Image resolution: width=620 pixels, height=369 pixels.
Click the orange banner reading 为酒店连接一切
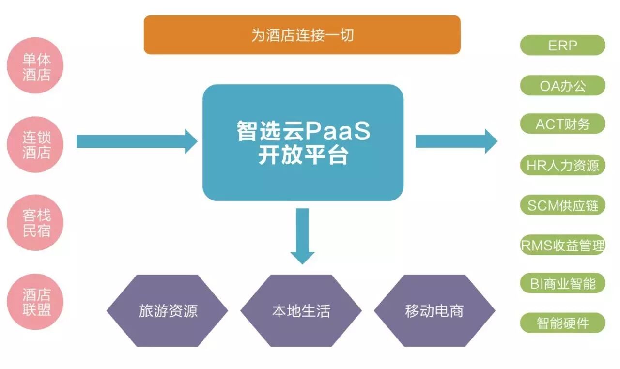tap(302, 35)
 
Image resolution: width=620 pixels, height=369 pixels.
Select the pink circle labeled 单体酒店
tap(36, 66)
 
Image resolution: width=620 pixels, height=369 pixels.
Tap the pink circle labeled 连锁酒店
tap(36, 144)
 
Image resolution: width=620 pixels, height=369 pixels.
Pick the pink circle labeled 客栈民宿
tap(36, 223)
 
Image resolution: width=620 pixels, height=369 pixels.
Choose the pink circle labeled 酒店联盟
tap(36, 301)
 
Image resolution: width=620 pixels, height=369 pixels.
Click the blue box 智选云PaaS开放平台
tap(303, 142)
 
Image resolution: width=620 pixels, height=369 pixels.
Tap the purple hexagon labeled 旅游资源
tap(168, 310)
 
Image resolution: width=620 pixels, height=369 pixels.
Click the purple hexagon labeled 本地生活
tap(301, 310)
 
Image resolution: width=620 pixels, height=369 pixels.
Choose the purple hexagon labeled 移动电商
tap(434, 310)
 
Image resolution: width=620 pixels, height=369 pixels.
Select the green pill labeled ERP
tap(562, 46)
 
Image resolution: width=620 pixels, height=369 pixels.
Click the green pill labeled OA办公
tap(562, 86)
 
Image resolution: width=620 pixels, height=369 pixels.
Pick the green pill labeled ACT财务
tap(562, 124)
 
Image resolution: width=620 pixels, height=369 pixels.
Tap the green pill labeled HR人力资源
tap(562, 166)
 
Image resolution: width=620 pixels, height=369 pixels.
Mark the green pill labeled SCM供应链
tap(562, 205)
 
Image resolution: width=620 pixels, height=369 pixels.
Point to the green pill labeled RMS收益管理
tap(562, 245)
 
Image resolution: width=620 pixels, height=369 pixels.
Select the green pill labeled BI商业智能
tap(562, 283)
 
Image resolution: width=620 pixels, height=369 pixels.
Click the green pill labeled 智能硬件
tap(562, 323)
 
